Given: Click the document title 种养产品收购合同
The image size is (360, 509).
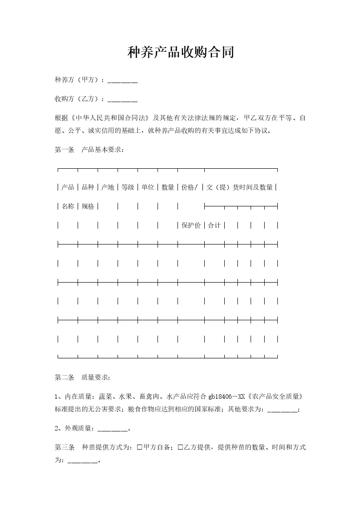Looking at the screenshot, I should point(181,53).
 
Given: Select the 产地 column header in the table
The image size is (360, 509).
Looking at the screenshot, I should point(108,187).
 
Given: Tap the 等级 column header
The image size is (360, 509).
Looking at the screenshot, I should point(128,187).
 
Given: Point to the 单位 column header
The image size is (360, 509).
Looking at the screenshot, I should point(148,187).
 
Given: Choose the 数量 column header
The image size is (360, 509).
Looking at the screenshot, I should point(168,187).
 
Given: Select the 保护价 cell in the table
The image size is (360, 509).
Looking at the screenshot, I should point(191,225).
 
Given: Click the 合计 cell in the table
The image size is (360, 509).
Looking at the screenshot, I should point(214,225).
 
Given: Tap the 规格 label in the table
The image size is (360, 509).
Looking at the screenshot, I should point(88,206).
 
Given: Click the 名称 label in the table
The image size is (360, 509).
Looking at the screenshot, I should point(68,206).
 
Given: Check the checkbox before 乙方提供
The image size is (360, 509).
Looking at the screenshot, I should point(180,447).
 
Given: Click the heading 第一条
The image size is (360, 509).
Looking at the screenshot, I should point(64,150).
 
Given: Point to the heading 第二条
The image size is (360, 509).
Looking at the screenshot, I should point(64,377).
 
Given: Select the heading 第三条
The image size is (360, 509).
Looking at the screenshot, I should point(64,447).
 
